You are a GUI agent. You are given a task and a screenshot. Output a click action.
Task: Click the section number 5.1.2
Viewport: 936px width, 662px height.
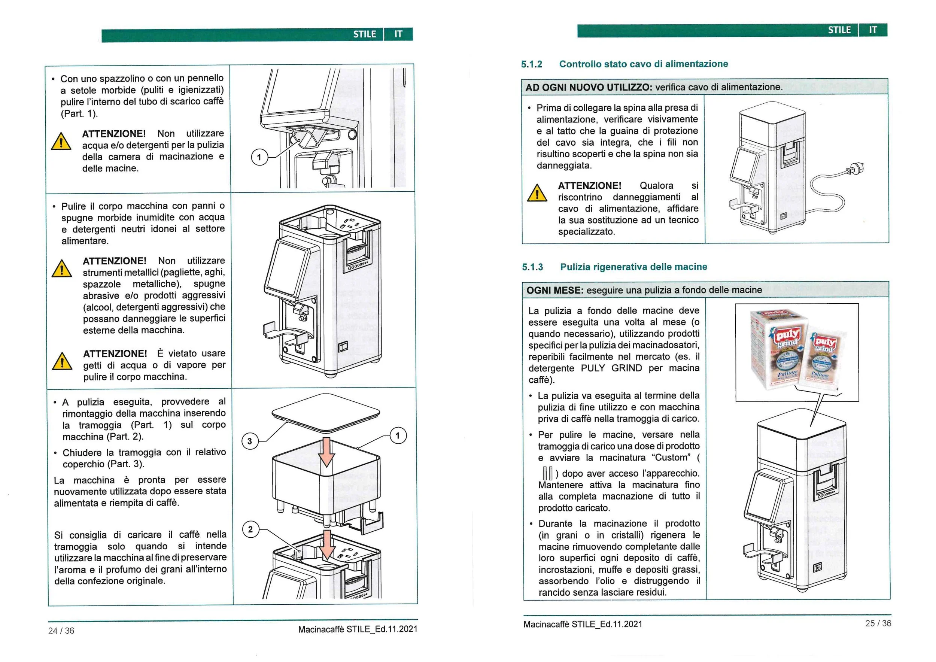[531, 64]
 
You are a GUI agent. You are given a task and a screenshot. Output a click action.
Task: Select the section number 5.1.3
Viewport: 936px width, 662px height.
[532, 267]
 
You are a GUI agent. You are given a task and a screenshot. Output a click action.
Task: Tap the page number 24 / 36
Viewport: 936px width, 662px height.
[61, 631]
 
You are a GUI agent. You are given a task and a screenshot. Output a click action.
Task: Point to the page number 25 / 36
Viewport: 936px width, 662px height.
[878, 623]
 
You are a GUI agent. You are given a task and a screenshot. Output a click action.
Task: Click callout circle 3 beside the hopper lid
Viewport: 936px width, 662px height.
[249, 441]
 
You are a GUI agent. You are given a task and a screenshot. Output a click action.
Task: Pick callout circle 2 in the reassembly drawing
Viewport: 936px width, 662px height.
[250, 529]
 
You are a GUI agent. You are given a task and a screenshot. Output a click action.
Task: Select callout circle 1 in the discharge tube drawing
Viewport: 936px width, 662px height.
[259, 157]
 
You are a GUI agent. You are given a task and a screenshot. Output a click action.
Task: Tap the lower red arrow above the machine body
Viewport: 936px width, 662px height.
[326, 544]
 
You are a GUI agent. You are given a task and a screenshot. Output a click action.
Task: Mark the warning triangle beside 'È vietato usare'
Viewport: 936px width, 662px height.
[62, 362]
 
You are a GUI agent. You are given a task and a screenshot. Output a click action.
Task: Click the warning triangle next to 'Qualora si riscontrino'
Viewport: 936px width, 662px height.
[537, 193]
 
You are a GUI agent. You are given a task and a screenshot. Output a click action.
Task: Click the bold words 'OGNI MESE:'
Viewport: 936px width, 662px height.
[555, 290]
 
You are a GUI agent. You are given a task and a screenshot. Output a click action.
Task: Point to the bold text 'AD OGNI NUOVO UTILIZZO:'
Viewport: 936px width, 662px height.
[589, 87]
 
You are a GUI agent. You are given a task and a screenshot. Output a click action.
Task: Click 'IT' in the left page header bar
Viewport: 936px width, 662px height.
[398, 34]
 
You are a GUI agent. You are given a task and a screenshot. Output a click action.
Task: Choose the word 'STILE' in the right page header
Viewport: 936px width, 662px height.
[839, 30]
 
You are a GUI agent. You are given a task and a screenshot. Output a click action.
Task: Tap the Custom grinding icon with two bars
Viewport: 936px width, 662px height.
[547, 473]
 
